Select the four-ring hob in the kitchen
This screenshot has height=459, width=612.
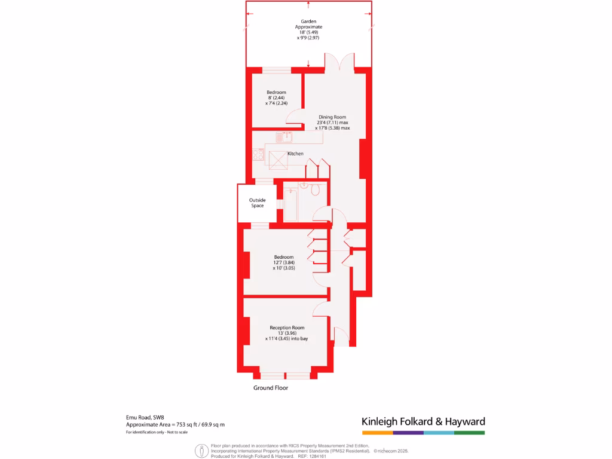pos(259,155)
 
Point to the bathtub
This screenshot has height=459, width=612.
pos(290,205)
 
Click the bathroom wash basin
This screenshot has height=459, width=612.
pos(304,185)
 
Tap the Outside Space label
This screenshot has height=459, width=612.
pos(258,203)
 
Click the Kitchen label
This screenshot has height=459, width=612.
pos(295,154)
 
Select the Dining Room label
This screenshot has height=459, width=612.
pos(332,117)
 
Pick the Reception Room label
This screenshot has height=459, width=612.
pos(287,328)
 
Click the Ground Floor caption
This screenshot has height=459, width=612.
pos(271,388)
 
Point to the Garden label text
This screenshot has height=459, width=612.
pos(308,22)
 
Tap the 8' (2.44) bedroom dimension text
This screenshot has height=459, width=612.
pos(276,97)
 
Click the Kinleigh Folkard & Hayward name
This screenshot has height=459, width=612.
pos(423,421)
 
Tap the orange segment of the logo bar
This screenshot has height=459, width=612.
pos(377,432)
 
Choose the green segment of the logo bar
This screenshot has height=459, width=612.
pos(469,432)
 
